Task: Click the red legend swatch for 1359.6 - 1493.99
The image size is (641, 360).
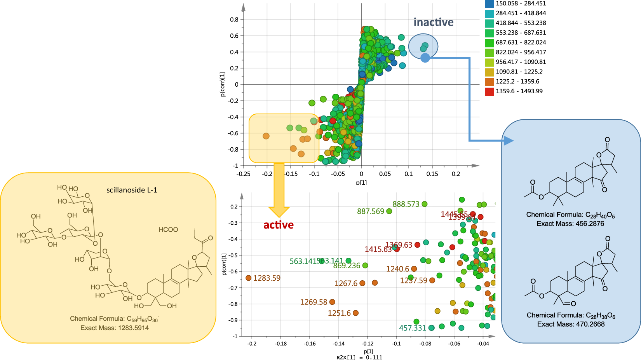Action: [489, 91]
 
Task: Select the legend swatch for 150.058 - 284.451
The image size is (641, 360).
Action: [489, 4]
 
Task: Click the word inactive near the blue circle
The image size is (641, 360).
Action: [433, 23]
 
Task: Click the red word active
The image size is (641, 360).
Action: [278, 225]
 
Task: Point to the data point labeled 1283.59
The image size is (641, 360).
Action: [249, 278]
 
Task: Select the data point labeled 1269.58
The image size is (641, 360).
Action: [332, 302]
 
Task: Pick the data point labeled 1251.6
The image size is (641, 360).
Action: [355, 313]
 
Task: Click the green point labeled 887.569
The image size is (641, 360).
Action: [389, 211]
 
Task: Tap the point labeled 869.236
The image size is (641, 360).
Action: [365, 266]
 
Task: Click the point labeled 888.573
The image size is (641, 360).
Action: [425, 204]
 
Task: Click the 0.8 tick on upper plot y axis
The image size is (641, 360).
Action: [234, 19]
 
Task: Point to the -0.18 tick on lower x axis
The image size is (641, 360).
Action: [280, 344]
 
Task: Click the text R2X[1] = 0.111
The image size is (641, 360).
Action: [359, 357]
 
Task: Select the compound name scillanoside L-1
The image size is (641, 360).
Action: [132, 190]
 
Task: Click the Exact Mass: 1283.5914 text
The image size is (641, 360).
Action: [115, 328]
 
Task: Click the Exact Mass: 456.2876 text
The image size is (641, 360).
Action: [570, 224]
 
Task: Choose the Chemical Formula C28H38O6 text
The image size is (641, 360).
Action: [571, 315]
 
